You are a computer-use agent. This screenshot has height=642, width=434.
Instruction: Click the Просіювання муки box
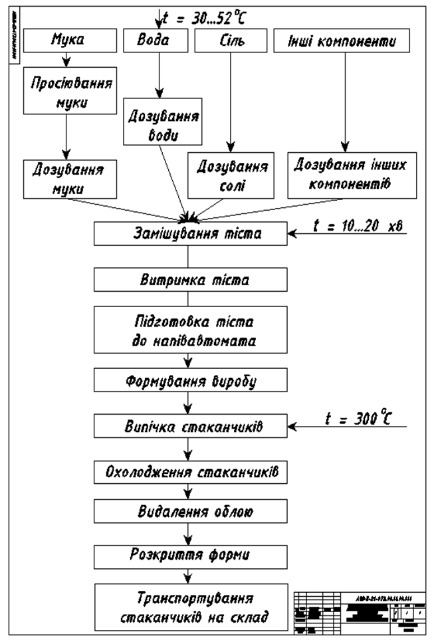point(66,93)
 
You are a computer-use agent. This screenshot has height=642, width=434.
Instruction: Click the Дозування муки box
point(66,179)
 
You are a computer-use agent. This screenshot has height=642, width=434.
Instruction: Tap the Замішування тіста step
point(190,233)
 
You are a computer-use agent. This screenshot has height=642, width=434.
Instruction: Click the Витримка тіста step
point(190,280)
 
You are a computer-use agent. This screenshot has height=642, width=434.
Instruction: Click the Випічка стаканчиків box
point(190,427)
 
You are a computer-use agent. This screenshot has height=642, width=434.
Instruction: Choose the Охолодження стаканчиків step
point(190,473)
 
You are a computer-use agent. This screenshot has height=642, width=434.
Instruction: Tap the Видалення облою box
point(190,512)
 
